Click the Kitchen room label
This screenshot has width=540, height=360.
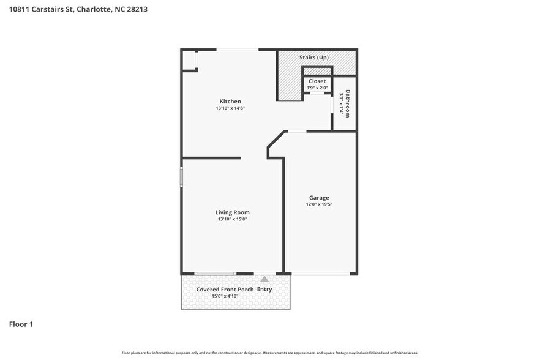pyautogui.click(x=230, y=102)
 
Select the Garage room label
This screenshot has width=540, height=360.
pyautogui.click(x=318, y=198)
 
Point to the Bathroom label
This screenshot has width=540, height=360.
pyautogui.click(x=347, y=103)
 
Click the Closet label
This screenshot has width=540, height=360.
pyautogui.click(x=317, y=81)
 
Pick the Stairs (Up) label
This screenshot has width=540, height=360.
pyautogui.click(x=313, y=58)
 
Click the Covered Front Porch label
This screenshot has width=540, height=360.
pyautogui.click(x=223, y=290)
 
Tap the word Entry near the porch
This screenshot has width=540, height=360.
pyautogui.click(x=264, y=290)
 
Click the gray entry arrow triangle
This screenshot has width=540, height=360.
pyautogui.click(x=264, y=279)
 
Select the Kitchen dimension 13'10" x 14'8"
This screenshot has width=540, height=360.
pyautogui.click(x=230, y=108)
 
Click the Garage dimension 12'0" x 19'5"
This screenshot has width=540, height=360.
pyautogui.click(x=318, y=204)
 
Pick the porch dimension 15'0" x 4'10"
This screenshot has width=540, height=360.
pyautogui.click(x=225, y=296)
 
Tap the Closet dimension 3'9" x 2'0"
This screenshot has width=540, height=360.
pyautogui.click(x=317, y=88)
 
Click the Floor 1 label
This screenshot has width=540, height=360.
pyautogui.click(x=21, y=324)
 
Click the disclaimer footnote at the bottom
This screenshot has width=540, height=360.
pyautogui.click(x=270, y=353)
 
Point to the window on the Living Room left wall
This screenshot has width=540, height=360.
pyautogui.click(x=181, y=176)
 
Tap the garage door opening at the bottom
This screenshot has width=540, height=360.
pyautogui.click(x=320, y=274)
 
